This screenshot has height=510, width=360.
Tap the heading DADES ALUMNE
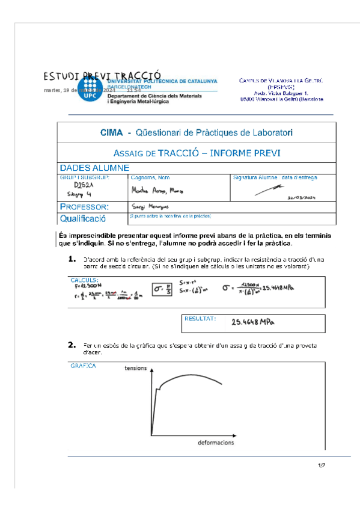click(x=94, y=168)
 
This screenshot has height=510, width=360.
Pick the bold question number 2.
click(x=72, y=345)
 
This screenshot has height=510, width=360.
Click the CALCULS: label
click(x=84, y=280)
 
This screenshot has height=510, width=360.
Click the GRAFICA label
click(x=83, y=365)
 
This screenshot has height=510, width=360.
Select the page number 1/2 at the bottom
click(x=321, y=465)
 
